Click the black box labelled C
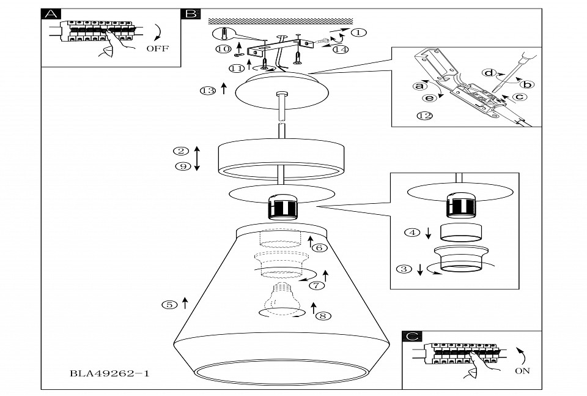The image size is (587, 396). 413,337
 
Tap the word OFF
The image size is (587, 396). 158,48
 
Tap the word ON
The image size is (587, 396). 523,370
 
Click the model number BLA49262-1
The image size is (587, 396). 109,372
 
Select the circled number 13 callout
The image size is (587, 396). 208,91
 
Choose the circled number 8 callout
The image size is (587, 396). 323,316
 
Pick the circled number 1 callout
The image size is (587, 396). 358,32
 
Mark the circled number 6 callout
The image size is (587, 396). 319,248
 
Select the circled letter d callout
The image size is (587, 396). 489,73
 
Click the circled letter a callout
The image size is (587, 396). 419,86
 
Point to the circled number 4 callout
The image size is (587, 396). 413,233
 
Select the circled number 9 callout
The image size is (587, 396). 180,166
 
